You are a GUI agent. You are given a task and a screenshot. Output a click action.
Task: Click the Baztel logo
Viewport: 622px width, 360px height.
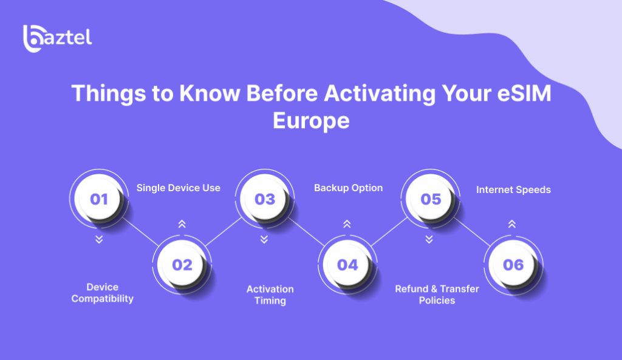click(58, 38)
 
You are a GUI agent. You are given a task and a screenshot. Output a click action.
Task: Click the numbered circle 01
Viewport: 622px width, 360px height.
click(99, 199)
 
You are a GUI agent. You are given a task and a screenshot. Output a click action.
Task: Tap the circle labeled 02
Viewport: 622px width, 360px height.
click(182, 265)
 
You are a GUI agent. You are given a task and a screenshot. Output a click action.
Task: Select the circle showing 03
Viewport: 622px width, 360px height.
click(265, 199)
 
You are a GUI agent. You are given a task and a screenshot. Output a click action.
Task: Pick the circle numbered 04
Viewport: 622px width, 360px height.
click(347, 265)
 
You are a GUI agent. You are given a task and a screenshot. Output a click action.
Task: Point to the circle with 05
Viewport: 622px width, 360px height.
click(431, 199)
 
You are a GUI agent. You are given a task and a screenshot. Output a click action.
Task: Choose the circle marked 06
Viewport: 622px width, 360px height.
click(513, 265)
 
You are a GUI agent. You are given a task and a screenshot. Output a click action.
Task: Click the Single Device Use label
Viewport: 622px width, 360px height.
click(179, 188)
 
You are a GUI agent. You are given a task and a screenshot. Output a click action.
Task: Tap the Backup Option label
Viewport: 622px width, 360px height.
click(348, 188)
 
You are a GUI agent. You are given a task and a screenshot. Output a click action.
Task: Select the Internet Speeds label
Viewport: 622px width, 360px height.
click(513, 190)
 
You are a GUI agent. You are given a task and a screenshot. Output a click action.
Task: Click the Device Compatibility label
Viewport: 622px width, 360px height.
click(102, 293)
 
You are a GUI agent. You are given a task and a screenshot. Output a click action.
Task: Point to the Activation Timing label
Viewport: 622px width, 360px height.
click(270, 295)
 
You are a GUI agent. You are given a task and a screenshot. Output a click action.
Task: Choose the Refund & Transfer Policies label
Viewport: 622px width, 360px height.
click(437, 294)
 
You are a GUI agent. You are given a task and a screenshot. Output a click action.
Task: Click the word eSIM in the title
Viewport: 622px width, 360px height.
click(524, 93)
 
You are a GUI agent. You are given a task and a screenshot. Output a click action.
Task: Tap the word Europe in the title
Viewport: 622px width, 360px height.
click(311, 121)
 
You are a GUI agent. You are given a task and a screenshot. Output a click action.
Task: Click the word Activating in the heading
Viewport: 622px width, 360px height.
click(380, 93)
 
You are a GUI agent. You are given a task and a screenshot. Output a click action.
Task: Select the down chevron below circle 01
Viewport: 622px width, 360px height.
click(99, 239)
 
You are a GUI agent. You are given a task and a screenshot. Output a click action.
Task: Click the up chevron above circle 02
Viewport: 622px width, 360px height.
click(182, 224)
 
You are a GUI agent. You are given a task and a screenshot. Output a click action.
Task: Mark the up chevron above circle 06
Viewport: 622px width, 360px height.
click(512, 224)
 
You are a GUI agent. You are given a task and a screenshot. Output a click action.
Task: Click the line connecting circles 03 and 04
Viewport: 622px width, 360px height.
click(306, 231)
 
